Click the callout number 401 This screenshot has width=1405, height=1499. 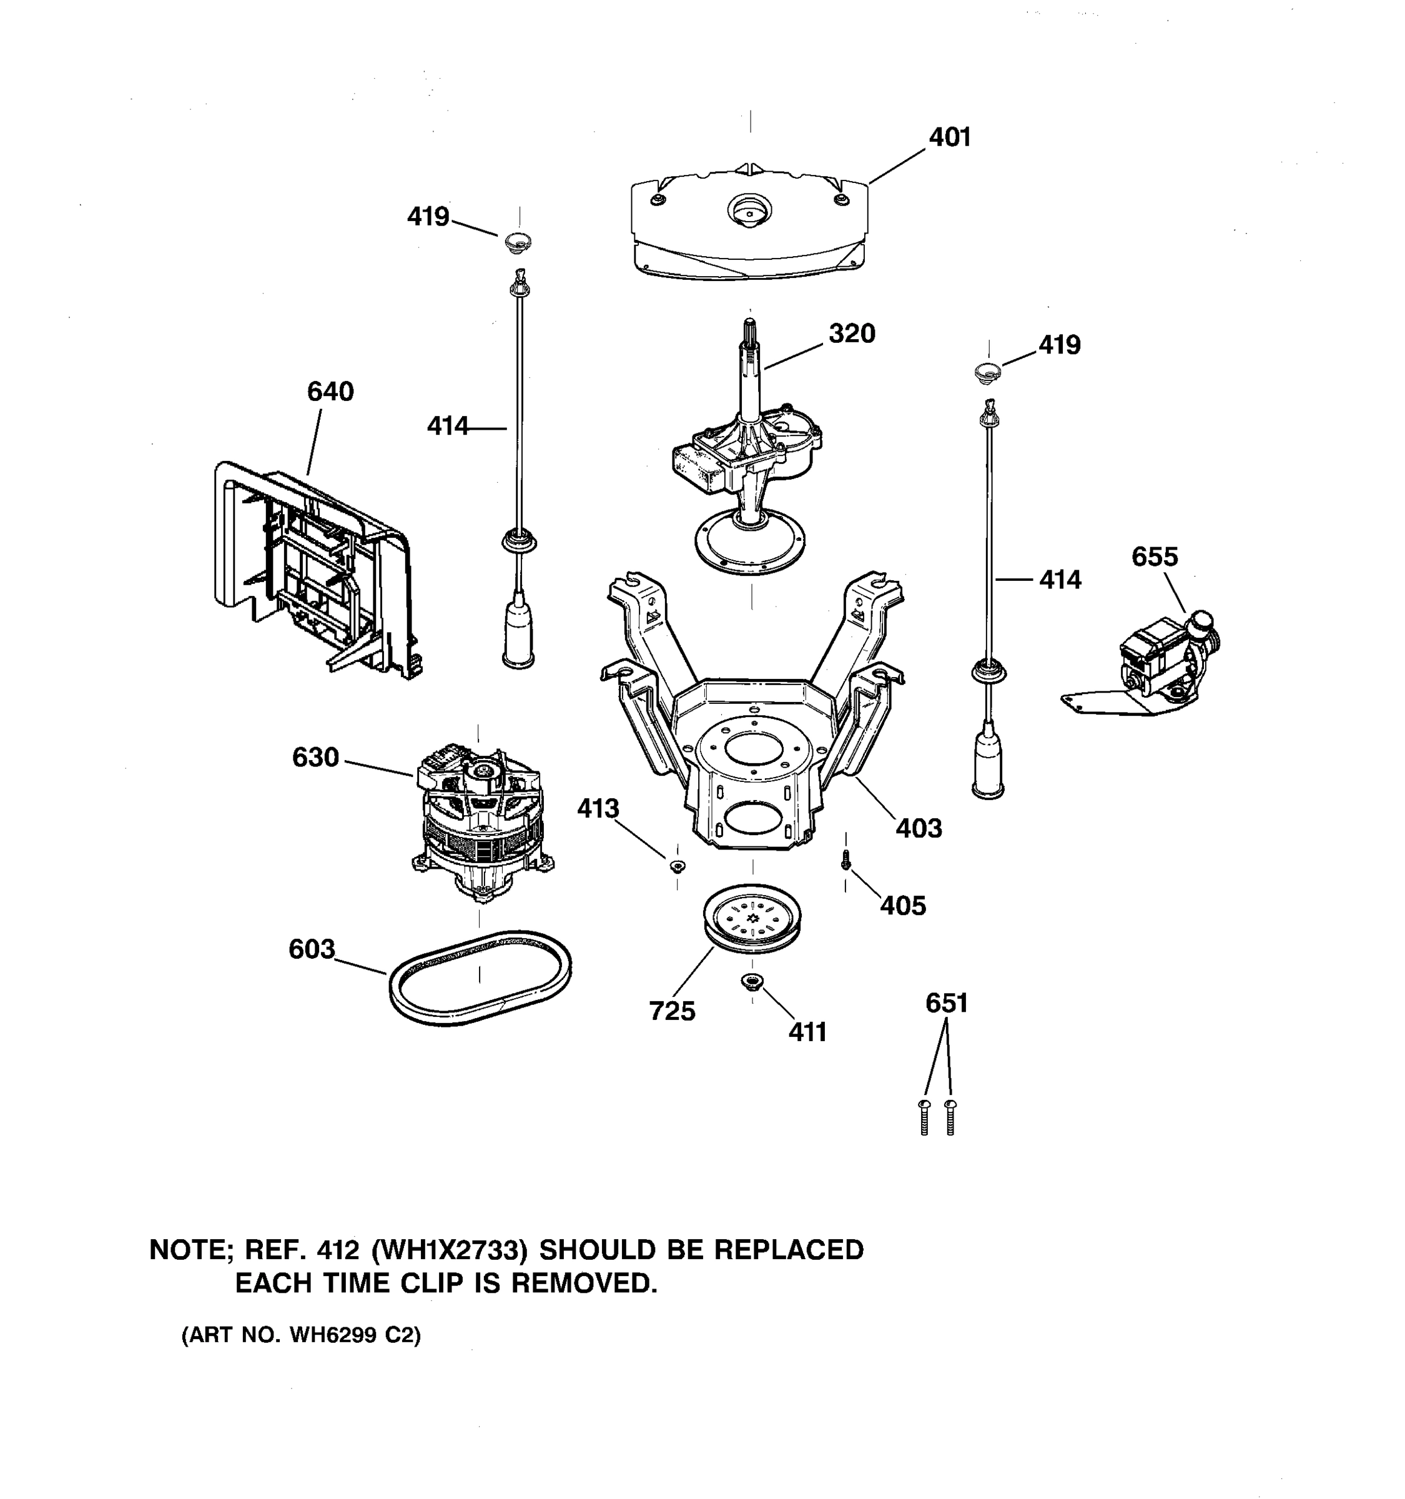point(949,137)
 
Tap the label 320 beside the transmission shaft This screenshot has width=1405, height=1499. point(852,334)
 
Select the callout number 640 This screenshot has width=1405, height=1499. point(330,392)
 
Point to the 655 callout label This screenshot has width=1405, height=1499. point(1154,557)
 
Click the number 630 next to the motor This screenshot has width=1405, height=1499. point(315,757)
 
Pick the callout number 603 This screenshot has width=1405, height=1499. point(312,949)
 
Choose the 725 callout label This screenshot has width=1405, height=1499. point(672,1011)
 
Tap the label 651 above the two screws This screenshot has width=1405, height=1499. point(946,1003)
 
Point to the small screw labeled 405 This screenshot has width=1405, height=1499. point(845,859)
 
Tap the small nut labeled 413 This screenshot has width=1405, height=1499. point(676,865)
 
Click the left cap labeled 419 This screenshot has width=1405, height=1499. point(517,243)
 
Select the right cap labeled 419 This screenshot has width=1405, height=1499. point(987,370)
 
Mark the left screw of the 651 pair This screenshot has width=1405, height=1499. point(925,1117)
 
